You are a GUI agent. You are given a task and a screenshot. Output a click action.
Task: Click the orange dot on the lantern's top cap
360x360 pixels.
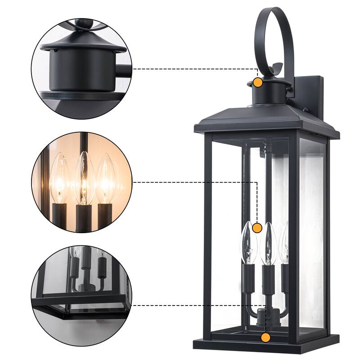pos(258,83)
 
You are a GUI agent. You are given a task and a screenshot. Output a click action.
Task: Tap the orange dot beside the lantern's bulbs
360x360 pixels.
pos(257,228)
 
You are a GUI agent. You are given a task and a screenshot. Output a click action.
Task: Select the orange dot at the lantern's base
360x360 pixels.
pos(266,337)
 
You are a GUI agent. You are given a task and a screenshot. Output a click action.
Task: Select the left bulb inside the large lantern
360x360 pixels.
pos(248,243)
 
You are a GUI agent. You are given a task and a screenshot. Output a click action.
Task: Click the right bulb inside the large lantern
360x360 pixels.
pos(284,243)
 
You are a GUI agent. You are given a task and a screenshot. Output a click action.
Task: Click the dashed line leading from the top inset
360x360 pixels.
pos(193,69)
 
